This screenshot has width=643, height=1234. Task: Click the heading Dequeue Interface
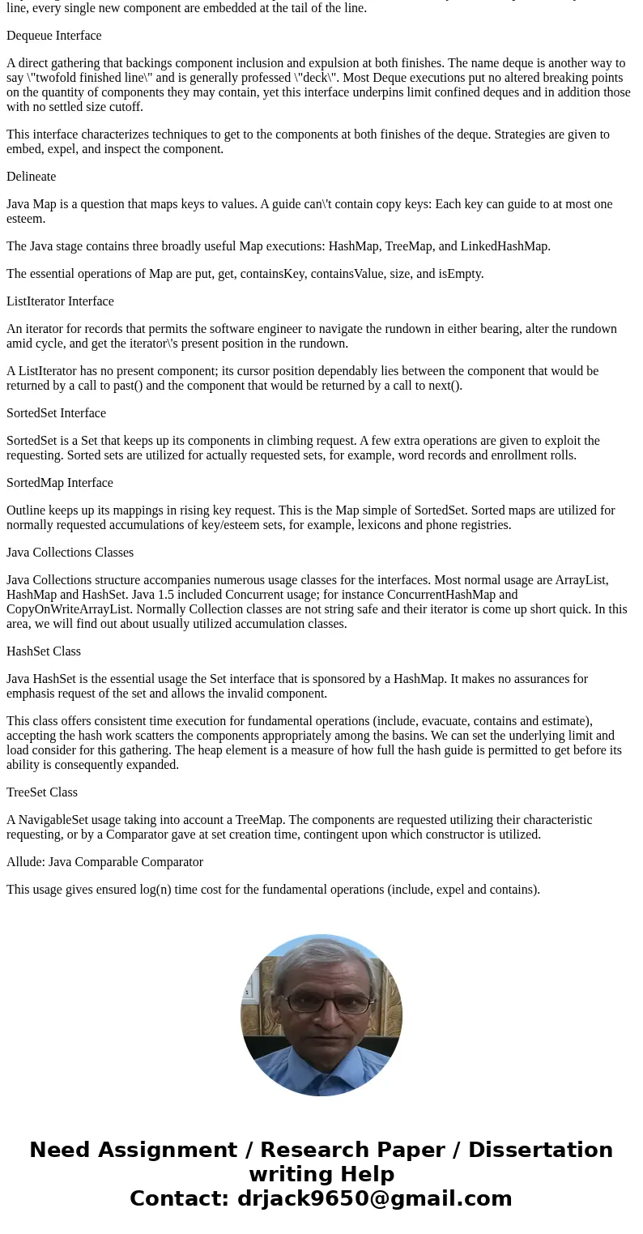click(53, 36)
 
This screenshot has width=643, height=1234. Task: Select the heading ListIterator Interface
click(60, 301)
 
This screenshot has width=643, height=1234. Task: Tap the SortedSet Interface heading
click(56, 413)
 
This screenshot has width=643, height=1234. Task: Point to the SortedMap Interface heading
click(59, 483)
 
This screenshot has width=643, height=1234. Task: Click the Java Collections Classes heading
click(70, 553)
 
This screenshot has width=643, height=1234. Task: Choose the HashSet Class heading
click(44, 651)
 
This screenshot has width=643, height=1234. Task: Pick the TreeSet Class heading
click(42, 792)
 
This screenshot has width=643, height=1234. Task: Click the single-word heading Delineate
click(31, 177)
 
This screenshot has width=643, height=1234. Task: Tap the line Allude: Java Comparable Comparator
click(104, 862)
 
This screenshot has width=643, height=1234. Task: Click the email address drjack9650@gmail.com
click(374, 1199)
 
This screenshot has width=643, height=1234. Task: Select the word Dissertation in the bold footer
click(540, 1151)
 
